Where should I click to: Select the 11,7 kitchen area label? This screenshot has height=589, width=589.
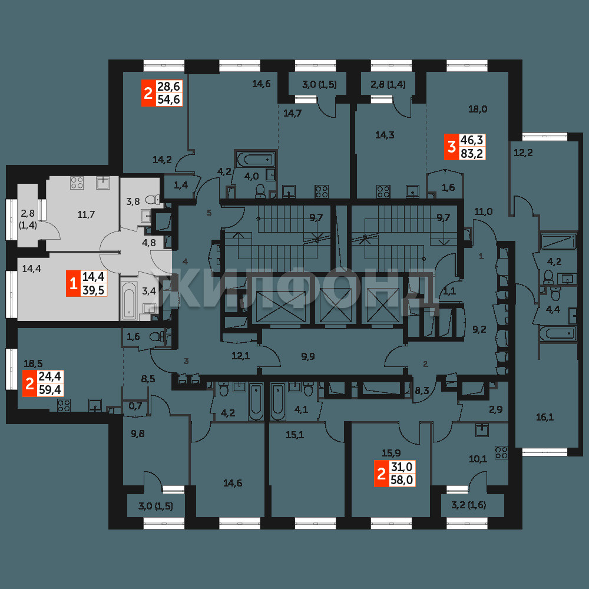pyautogui.click(x=86, y=214)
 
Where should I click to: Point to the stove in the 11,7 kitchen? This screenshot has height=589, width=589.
pyautogui.click(x=77, y=183)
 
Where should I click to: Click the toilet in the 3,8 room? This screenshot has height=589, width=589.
pyautogui.click(x=153, y=198)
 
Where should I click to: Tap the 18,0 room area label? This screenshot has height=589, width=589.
pyautogui.click(x=478, y=110)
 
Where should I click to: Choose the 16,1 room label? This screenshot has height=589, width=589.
pyautogui.click(x=545, y=416)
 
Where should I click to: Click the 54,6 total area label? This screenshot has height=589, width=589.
pyautogui.click(x=169, y=100)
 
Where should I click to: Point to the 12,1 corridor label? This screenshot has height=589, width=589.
pyautogui.click(x=240, y=356)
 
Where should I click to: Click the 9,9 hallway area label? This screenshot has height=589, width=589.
pyautogui.click(x=307, y=356)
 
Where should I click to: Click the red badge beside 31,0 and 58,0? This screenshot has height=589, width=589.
pyautogui.click(x=381, y=474)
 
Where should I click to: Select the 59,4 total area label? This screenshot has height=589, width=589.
pyautogui.click(x=50, y=389)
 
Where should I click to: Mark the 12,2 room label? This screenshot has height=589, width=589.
pyautogui.click(x=523, y=153)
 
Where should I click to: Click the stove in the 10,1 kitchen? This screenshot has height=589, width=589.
pyautogui.click(x=501, y=452)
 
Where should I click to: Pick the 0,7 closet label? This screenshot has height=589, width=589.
pyautogui.click(x=135, y=405)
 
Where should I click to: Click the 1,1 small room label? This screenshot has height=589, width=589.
pyautogui.click(x=449, y=290)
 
